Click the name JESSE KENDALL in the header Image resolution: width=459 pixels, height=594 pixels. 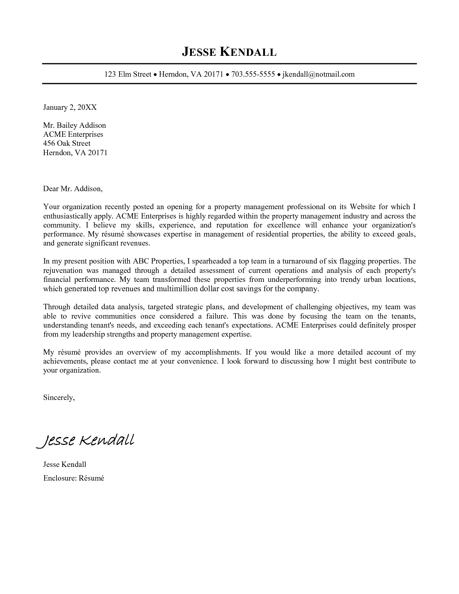[x=229, y=52]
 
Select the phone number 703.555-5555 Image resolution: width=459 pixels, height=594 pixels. [x=253, y=74]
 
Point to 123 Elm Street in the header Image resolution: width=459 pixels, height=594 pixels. [x=128, y=74]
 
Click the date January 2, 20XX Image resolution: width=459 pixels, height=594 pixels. [x=70, y=107]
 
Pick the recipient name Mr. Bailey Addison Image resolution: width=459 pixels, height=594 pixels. [x=75, y=125]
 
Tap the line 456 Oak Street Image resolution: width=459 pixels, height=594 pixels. [x=67, y=143]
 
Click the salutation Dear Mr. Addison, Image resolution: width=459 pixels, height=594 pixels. [x=73, y=189]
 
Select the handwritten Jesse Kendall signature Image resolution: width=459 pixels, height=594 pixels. [x=85, y=440]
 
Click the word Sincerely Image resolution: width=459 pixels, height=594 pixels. [x=59, y=397]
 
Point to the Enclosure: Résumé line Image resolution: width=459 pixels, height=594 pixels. [x=73, y=478]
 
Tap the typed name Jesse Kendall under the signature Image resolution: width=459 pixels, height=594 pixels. [x=65, y=464]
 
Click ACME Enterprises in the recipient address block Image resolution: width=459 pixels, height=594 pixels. [x=73, y=134]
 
